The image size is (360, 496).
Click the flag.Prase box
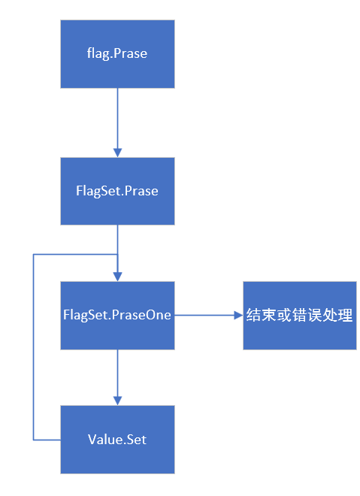point(116,53)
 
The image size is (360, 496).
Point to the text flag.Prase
point(116,54)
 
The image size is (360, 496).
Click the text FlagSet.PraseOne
point(116,316)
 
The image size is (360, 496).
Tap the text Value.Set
point(116,440)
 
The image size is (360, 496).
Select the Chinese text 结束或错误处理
point(299,316)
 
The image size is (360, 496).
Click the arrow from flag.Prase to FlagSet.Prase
point(116,120)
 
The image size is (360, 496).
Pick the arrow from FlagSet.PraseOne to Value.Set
point(116,376)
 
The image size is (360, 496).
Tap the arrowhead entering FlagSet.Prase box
point(116,153)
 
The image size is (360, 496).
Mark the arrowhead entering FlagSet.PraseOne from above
point(116,277)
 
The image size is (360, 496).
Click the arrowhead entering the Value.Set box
point(116,401)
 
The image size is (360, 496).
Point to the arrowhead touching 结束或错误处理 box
point(238,316)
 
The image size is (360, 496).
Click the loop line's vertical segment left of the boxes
point(34,346)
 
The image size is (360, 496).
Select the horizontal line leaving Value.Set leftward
point(47,439)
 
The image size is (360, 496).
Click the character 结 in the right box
point(254,316)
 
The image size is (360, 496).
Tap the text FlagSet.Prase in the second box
point(116,191)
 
